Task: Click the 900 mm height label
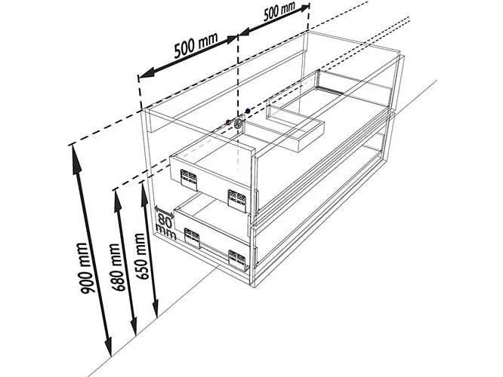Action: point(84,268)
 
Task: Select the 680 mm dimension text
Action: point(117,267)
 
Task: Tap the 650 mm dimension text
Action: point(142,256)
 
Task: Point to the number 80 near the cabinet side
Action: point(164,220)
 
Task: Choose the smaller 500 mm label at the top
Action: point(279,11)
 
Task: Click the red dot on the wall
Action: point(228,121)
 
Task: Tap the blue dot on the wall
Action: point(247,111)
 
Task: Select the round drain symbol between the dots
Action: point(239,124)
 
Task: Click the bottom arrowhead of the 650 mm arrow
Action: point(156,307)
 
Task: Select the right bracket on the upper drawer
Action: point(237,201)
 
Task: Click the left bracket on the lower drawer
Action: point(192,238)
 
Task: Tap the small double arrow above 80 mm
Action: point(164,213)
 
